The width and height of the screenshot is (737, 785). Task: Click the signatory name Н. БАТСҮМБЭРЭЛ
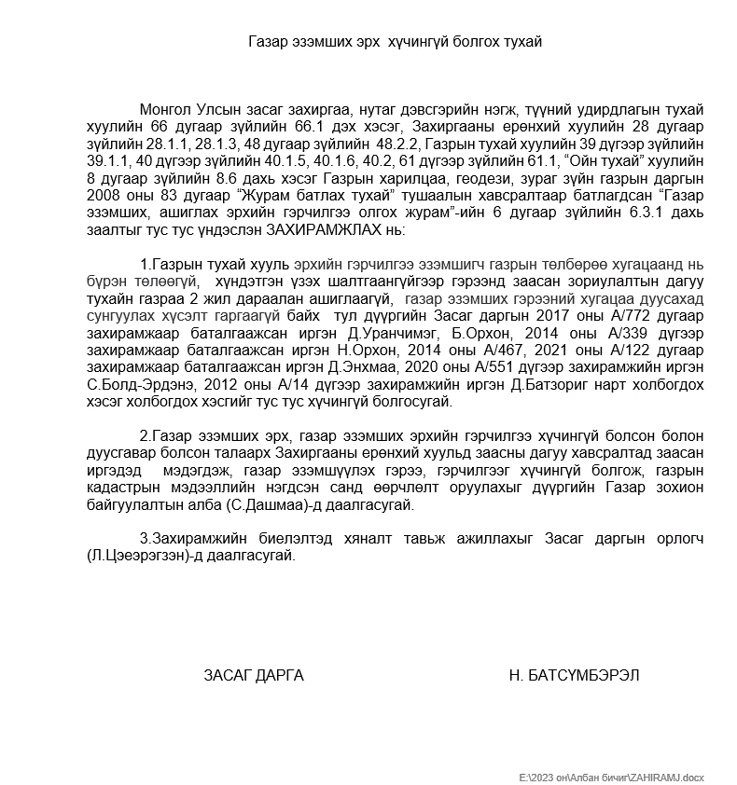(574, 675)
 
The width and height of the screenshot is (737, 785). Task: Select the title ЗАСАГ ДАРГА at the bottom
(253, 675)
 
